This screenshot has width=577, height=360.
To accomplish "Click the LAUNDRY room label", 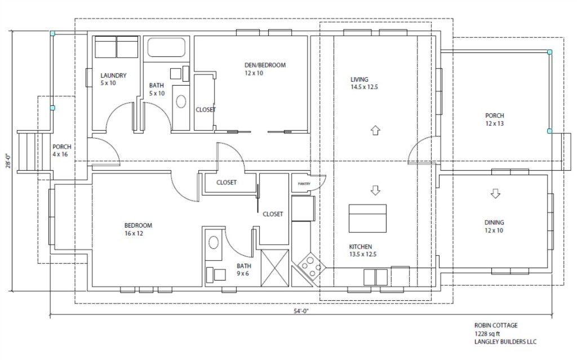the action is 113,75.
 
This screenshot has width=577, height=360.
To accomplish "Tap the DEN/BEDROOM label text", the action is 265,65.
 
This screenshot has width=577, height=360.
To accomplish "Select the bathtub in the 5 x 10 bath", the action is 166,47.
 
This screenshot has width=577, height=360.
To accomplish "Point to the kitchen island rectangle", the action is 367,218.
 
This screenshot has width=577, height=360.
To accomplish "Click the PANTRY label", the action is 304,184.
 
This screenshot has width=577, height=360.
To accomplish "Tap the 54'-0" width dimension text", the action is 301,311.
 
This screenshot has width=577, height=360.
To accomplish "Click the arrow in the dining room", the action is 495,194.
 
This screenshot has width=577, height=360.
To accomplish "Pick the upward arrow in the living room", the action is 375,130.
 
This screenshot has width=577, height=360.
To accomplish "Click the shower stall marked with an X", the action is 274,268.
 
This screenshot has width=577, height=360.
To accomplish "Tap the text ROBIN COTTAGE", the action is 496,326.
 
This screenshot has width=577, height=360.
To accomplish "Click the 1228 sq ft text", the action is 487,334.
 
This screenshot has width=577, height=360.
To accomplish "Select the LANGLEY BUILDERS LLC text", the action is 505,342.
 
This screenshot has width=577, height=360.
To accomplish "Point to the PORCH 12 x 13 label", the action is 495,119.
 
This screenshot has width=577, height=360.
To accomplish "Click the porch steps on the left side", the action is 27,152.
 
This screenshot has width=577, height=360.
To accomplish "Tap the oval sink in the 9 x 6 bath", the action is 214,243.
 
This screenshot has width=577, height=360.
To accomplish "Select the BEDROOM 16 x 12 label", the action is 138,229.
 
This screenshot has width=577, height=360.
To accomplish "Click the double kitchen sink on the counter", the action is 375,277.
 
